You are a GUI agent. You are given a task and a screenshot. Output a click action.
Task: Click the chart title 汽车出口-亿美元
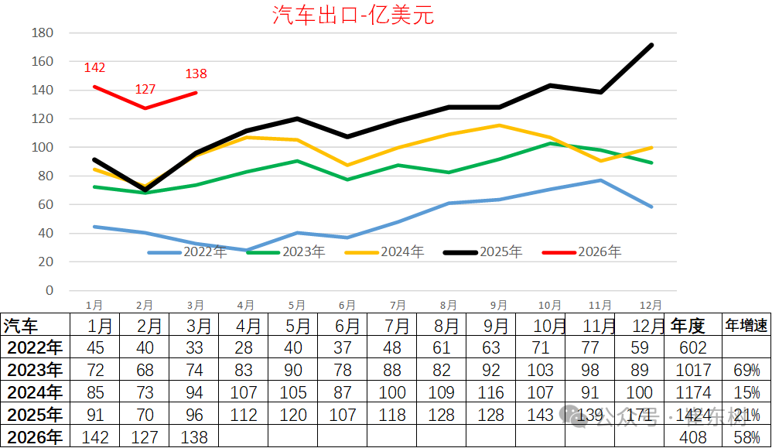click(353, 15)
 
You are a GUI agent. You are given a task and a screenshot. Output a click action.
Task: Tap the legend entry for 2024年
click(384, 252)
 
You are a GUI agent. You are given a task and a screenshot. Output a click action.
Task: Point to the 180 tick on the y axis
click(43, 33)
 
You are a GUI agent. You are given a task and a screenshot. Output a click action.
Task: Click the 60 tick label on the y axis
click(46, 205)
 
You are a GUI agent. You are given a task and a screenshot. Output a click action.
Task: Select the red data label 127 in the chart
click(145, 90)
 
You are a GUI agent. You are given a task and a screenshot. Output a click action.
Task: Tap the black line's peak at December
click(651, 45)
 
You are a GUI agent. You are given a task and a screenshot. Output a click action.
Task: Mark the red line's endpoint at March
click(196, 93)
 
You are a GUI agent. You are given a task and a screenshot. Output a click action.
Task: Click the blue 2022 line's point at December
click(651, 207)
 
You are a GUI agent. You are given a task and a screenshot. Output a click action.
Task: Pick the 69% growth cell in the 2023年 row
click(746, 371)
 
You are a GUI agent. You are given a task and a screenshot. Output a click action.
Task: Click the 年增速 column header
click(746, 326)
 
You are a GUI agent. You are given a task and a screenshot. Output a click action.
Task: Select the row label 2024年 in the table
click(34, 393)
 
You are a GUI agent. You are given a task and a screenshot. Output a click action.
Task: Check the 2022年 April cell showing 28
click(244, 348)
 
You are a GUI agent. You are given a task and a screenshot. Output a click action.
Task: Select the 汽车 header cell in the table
click(22, 326)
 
